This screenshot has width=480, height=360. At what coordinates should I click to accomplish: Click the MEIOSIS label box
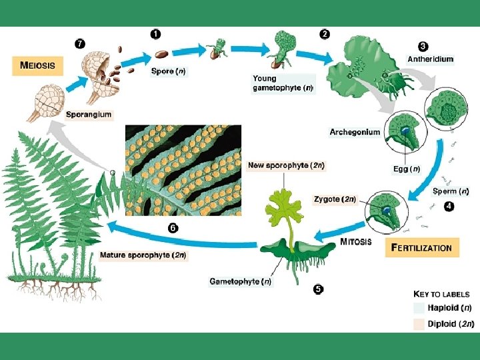click(x=37, y=65)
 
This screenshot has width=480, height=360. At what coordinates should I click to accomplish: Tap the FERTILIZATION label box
click(x=421, y=247)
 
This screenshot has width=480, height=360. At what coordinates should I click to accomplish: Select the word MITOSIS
click(x=357, y=241)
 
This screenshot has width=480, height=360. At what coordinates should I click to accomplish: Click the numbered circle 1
click(x=155, y=33)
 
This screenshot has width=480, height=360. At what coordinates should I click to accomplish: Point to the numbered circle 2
click(x=325, y=33)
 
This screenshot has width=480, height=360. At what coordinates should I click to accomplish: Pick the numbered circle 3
click(x=423, y=46)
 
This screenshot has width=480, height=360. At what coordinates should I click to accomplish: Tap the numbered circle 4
click(x=449, y=206)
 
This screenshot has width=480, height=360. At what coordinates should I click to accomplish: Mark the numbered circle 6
click(x=173, y=227)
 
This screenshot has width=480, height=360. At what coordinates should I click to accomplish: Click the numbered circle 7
click(x=79, y=43)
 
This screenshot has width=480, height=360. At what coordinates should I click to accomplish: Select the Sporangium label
click(x=89, y=115)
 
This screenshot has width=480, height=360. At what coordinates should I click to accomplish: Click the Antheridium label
click(x=430, y=59)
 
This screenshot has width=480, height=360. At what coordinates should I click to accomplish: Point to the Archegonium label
click(x=355, y=132)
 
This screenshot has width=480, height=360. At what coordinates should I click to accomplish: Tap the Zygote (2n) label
click(x=335, y=199)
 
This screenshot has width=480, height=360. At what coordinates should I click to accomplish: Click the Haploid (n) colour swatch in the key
click(x=418, y=308)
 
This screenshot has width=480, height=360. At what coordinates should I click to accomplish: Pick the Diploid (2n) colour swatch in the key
click(x=418, y=324)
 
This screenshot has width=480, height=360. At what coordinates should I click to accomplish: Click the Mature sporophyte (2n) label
click(x=143, y=255)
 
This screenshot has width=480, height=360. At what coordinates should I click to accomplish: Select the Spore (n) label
click(x=168, y=71)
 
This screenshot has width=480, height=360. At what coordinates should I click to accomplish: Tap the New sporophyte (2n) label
click(x=286, y=165)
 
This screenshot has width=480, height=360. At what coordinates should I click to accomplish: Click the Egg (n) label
click(x=406, y=169)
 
